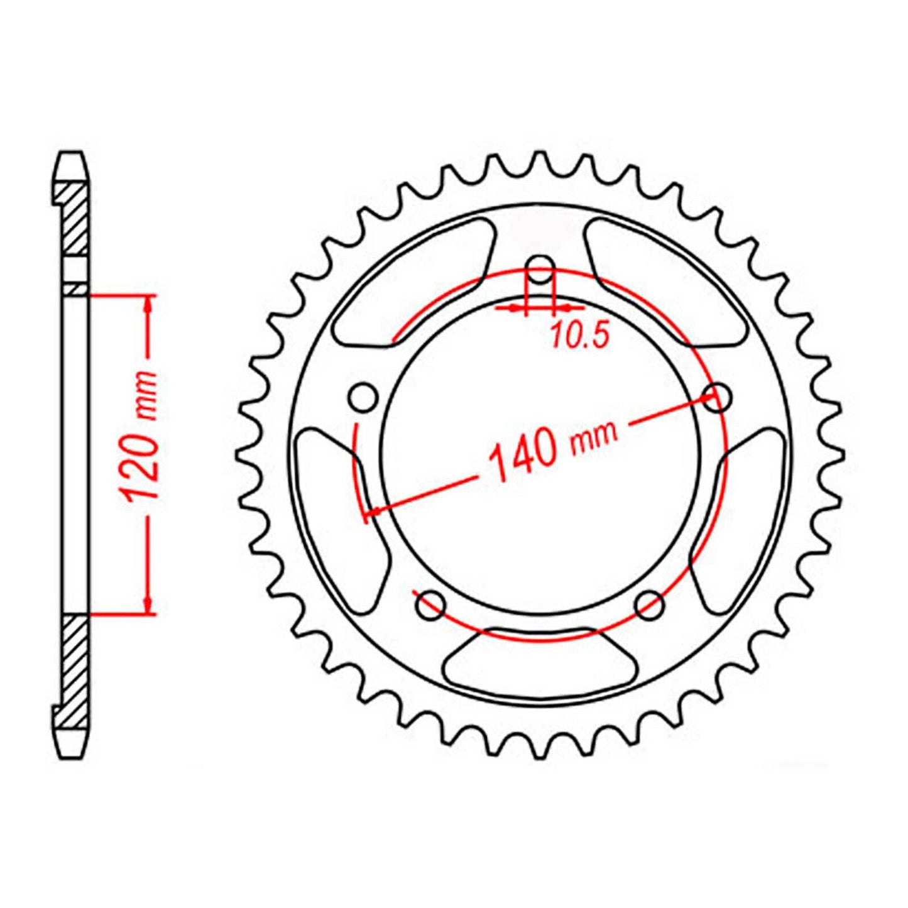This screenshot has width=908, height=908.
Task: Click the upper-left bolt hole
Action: click(363, 398)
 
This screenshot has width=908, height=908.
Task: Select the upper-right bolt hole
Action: click(717, 397)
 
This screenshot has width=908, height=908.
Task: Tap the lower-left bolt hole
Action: click(430, 605)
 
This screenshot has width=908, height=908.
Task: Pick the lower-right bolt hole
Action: click(649, 605)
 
